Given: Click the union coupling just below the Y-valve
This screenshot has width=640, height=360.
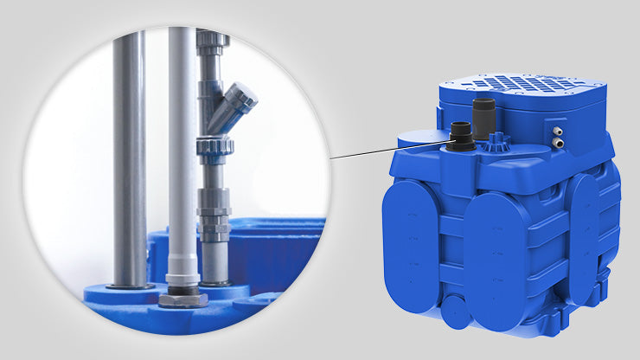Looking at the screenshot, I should point(213,147).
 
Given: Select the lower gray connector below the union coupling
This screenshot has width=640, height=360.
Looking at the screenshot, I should point(214,221).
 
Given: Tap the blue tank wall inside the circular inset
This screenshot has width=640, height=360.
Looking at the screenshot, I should point(268,251).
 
